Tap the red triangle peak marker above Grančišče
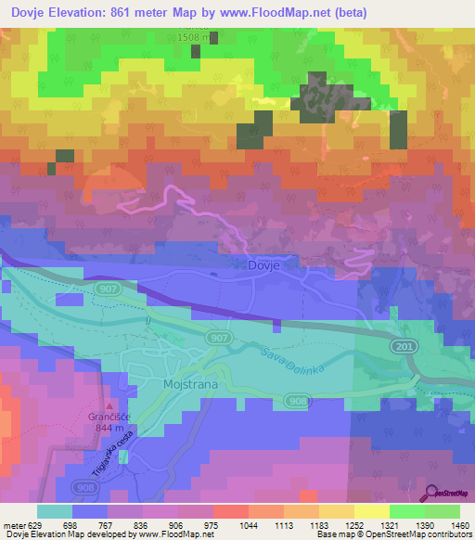point(112,406)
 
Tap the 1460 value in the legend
point(458,525)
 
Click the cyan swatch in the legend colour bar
point(54,511)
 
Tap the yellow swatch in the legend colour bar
point(371,511)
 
